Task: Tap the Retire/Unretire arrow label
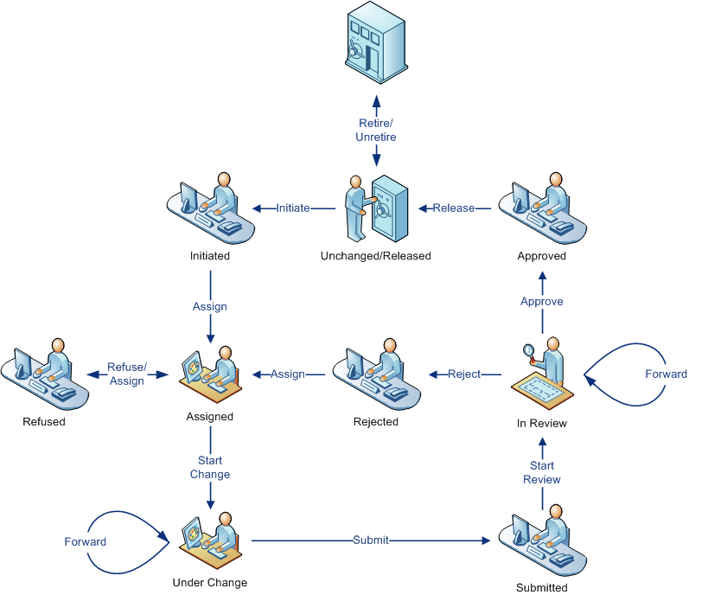click(x=377, y=131)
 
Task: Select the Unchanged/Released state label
click(x=375, y=256)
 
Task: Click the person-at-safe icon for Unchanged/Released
click(x=374, y=208)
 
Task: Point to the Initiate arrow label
click(x=293, y=208)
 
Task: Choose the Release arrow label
click(x=454, y=208)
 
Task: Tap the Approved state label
click(x=542, y=256)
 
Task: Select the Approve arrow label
click(x=542, y=302)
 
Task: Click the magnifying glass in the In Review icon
click(x=527, y=350)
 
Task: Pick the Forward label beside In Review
click(x=667, y=374)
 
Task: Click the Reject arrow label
click(x=464, y=374)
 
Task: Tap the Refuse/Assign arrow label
click(x=127, y=374)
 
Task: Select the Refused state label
click(x=44, y=422)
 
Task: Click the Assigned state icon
click(x=210, y=374)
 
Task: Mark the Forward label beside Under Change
click(x=86, y=542)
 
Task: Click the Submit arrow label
click(x=371, y=541)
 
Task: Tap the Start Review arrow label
click(x=542, y=473)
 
